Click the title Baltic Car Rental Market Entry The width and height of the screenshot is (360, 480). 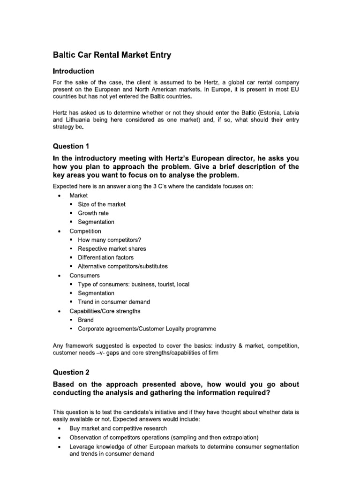tap(112, 55)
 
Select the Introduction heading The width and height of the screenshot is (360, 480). tap(73, 71)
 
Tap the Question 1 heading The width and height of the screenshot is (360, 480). tap(70, 146)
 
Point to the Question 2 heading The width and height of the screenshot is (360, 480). tap(70, 373)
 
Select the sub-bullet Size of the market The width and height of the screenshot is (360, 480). tap(102, 204)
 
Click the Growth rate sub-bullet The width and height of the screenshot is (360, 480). tap(93, 213)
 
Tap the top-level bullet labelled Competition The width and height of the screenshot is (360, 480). tap(85, 231)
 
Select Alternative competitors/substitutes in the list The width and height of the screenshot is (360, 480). tap(123, 267)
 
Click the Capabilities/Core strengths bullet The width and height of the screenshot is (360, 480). tap(105, 311)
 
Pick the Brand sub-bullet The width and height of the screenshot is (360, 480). tap(86, 320)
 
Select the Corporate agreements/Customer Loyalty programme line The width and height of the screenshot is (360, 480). tap(147, 329)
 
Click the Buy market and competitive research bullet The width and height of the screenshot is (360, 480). tap(118, 428)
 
